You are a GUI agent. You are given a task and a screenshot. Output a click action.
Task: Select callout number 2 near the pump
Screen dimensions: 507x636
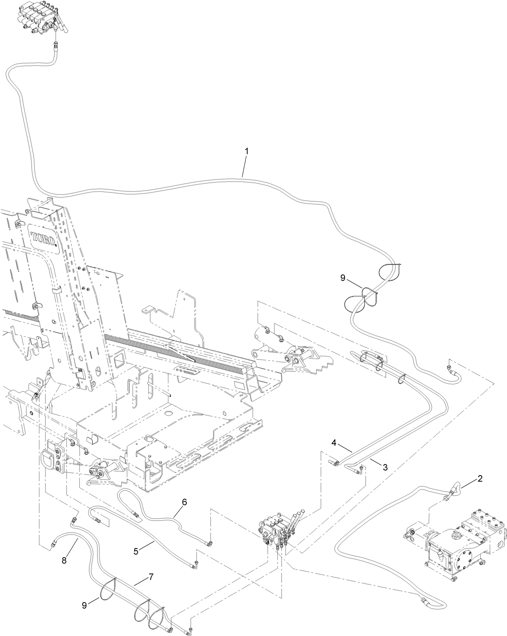click(480, 479)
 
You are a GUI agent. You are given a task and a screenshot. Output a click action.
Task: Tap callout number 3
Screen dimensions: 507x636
click(385, 468)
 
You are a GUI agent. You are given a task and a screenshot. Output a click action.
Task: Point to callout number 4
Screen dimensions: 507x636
click(334, 442)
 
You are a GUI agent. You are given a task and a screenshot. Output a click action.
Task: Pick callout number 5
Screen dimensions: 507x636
click(136, 551)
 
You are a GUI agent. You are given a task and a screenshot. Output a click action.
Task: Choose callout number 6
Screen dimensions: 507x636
click(185, 502)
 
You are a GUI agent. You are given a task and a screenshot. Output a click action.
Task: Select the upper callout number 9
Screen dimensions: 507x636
click(343, 278)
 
